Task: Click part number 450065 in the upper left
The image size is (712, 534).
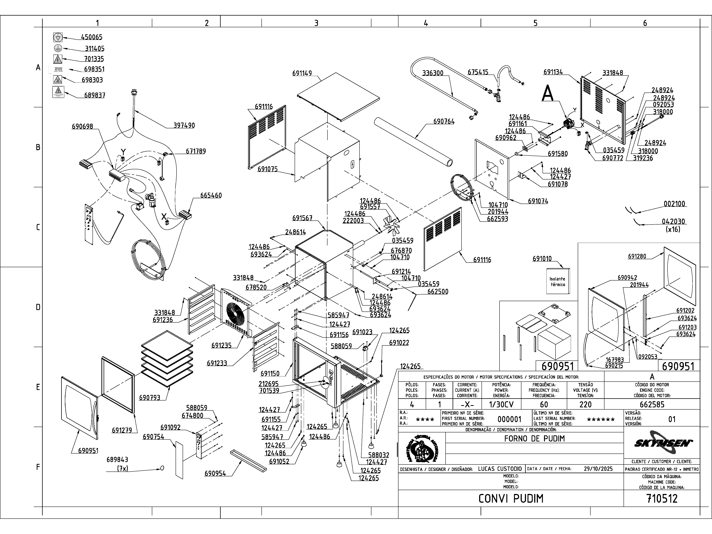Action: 91,37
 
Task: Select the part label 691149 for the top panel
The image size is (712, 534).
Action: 302,73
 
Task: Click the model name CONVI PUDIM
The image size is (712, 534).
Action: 511,499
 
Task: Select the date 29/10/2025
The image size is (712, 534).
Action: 598,469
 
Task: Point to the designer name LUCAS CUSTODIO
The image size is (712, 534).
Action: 500,469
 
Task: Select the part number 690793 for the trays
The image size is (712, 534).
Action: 150,398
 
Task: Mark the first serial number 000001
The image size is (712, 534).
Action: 509,419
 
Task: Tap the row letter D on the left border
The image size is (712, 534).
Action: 38,307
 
